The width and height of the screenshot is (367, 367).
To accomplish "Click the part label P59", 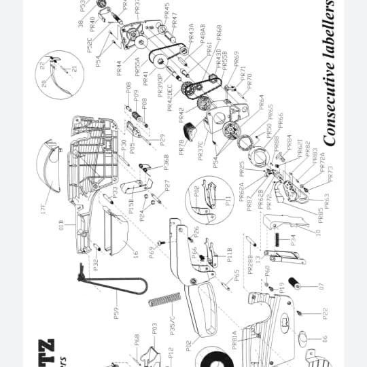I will click(x=116, y=313).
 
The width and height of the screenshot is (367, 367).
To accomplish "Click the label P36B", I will click(x=165, y=162).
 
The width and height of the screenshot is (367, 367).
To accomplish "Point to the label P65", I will click(x=237, y=275).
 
